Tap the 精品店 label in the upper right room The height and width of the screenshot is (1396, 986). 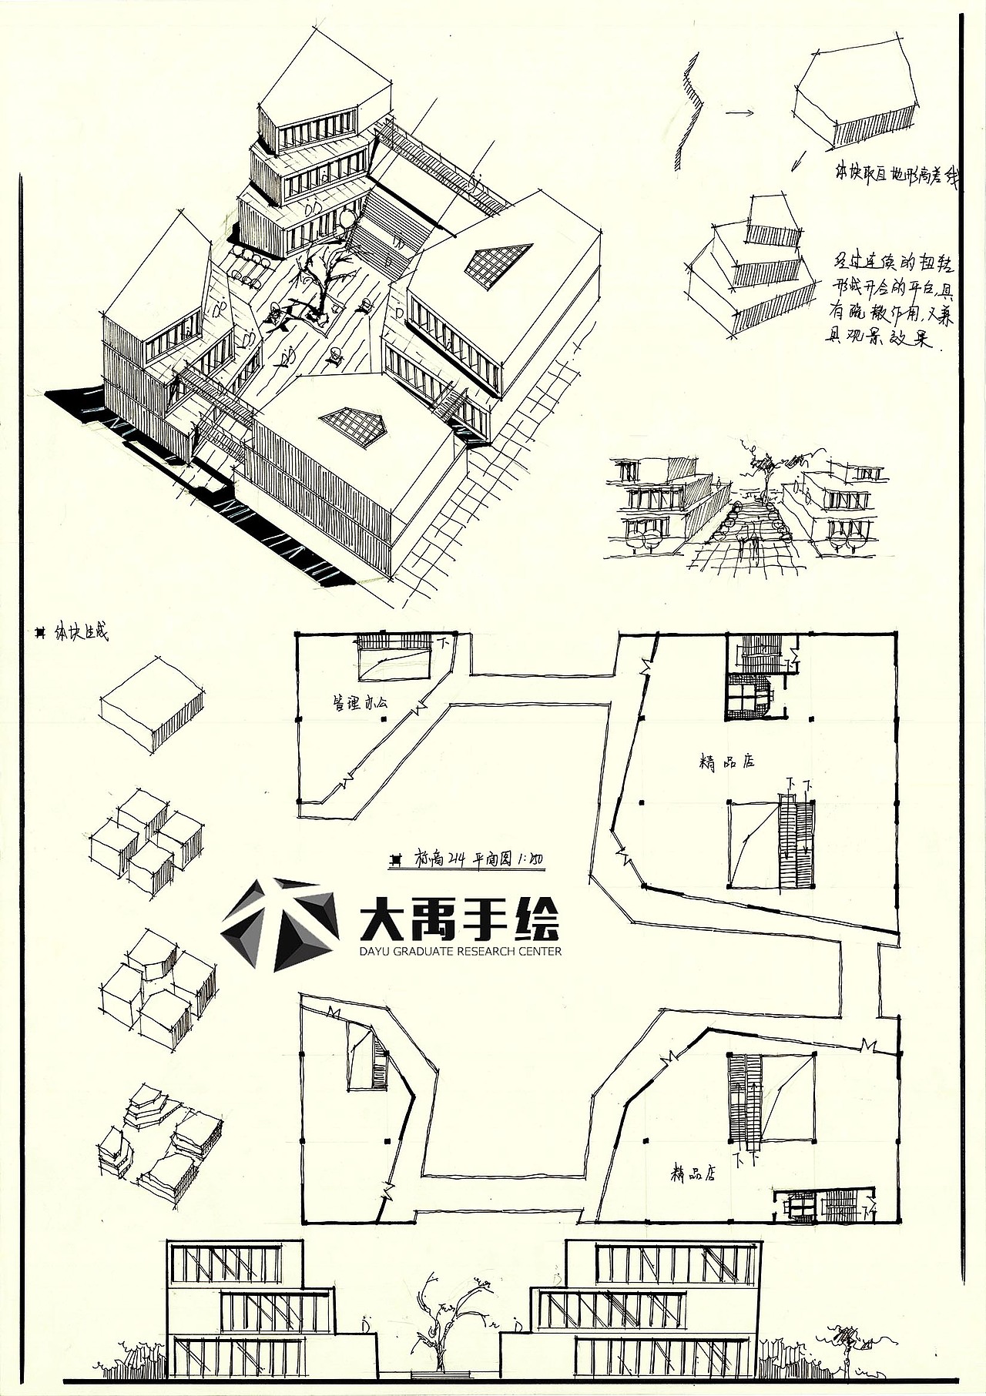click(726, 762)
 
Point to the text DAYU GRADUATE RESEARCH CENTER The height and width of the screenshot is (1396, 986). click(460, 951)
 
